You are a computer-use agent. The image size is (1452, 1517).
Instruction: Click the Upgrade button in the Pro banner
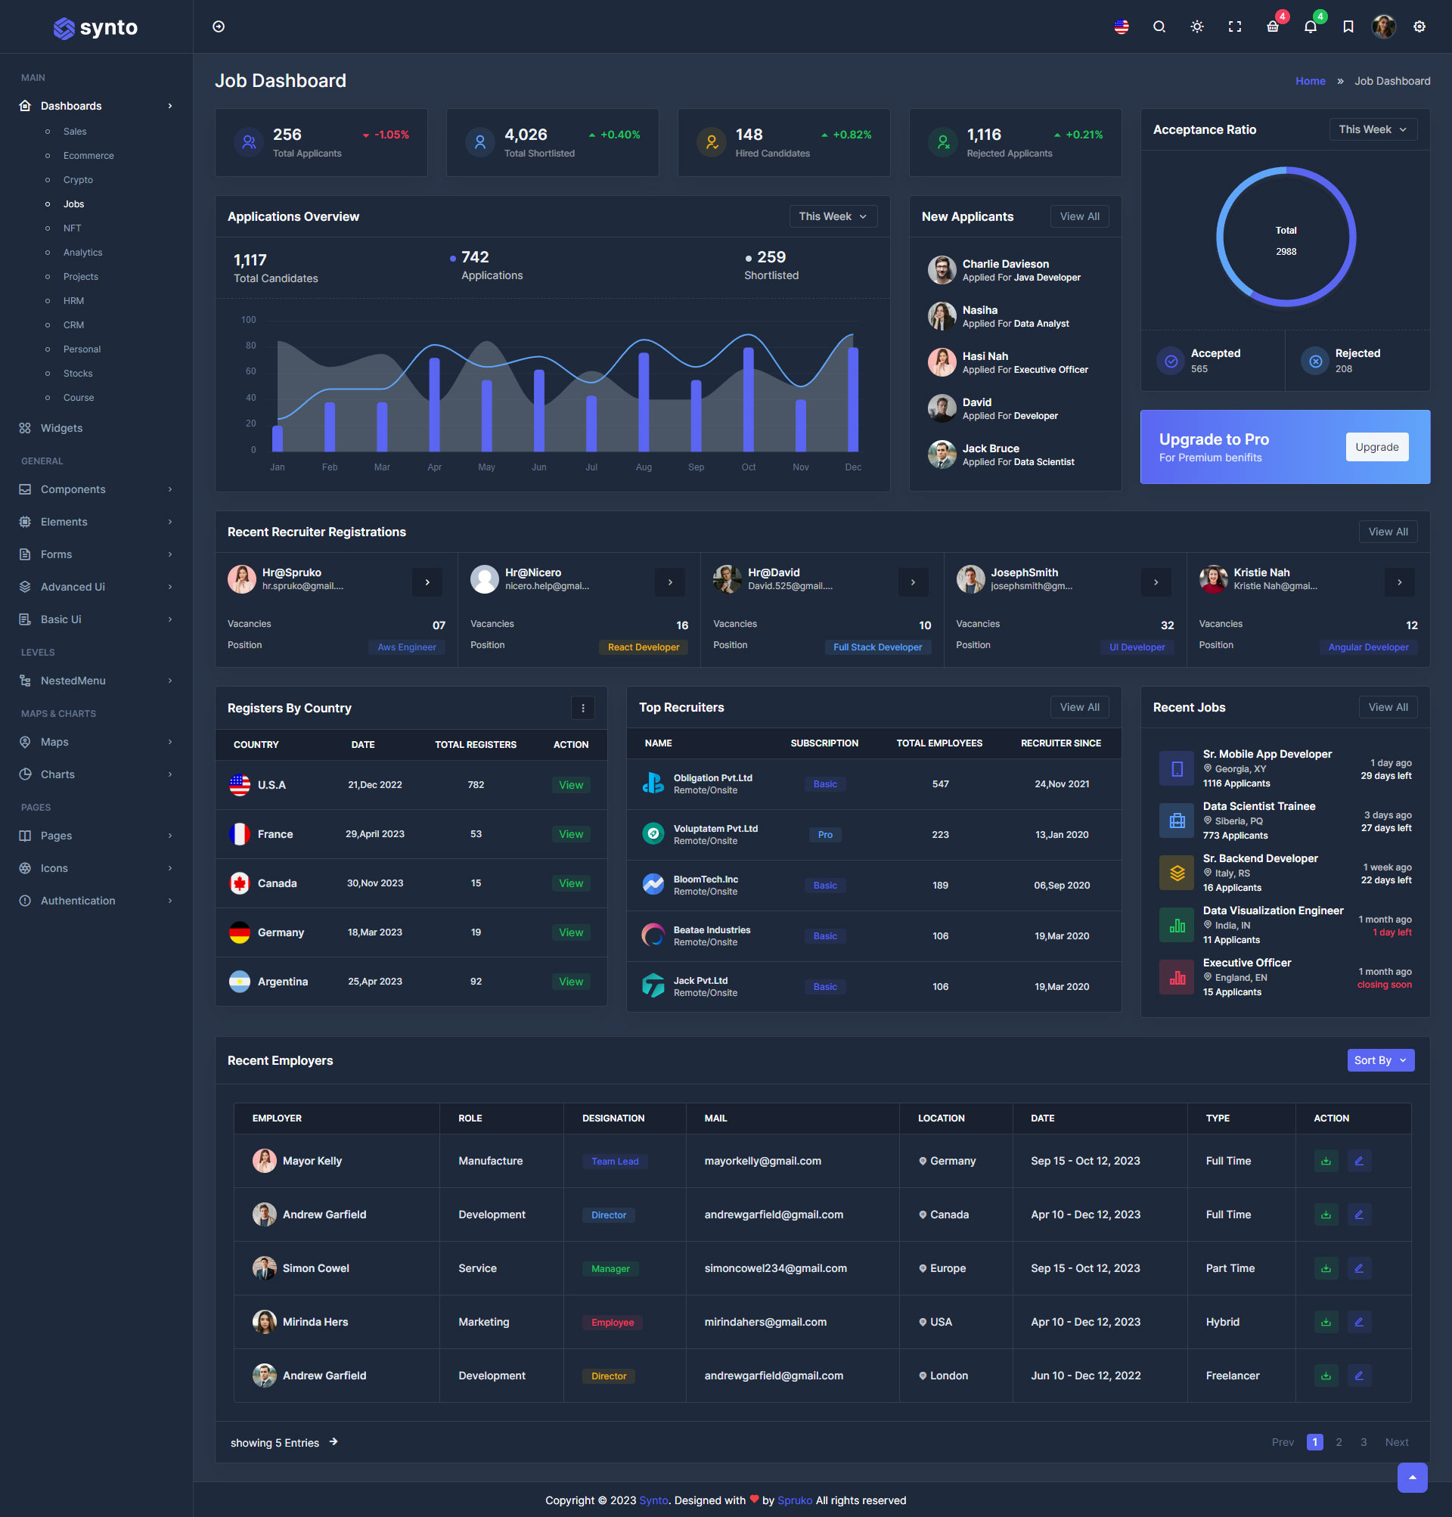pos(1376,447)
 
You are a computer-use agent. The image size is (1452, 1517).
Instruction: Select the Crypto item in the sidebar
pos(78,179)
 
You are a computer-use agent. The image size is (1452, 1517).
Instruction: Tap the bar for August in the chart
pos(643,401)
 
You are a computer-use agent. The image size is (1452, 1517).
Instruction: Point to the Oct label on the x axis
pos(749,467)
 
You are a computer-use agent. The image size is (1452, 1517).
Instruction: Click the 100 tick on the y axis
pos(249,320)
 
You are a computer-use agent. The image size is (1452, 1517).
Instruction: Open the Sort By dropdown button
pos(1380,1059)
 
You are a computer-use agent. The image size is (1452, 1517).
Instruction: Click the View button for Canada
pos(571,883)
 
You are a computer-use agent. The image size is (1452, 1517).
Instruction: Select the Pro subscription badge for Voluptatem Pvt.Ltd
pos(825,834)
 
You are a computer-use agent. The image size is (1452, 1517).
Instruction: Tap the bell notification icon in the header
pos(1310,27)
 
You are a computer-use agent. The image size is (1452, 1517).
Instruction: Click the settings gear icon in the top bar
pos(1419,27)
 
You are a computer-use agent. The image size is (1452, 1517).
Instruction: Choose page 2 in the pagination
pos(1339,1442)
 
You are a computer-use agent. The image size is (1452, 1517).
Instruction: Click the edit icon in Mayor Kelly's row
pos(1358,1161)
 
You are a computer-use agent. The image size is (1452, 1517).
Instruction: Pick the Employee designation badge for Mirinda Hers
pos(613,1322)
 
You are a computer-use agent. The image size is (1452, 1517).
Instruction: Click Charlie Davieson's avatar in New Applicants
pos(942,270)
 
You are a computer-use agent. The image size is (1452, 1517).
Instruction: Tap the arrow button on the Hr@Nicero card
pos(669,582)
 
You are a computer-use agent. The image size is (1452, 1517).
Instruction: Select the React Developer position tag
pos(643,647)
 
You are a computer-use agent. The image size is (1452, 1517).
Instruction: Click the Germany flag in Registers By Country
pos(240,932)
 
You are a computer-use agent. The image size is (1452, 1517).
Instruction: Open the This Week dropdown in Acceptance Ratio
pos(1373,129)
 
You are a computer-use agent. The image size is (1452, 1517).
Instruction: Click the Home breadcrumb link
pos(1310,81)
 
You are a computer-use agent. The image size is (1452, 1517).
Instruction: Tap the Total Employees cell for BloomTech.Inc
pos(939,885)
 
